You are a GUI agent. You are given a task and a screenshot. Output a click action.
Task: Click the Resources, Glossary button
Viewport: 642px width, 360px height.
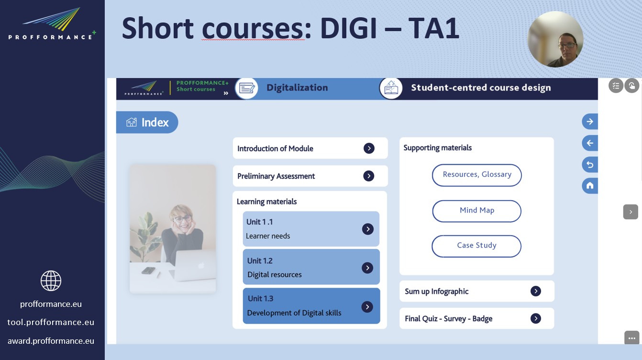476,175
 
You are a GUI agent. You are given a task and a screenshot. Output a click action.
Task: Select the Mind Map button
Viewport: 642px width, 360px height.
476,211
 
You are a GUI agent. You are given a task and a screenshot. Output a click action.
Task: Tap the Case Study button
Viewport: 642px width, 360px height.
476,246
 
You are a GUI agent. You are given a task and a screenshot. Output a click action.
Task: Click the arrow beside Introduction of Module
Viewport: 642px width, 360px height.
369,148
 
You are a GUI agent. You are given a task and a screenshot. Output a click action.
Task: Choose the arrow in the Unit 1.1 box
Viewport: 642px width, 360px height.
368,229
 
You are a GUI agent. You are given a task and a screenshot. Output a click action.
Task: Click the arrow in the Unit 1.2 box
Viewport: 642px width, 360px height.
367,268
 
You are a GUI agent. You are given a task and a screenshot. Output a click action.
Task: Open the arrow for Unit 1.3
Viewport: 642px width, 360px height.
367,307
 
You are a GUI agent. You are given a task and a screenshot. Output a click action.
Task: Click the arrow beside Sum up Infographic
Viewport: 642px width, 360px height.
536,291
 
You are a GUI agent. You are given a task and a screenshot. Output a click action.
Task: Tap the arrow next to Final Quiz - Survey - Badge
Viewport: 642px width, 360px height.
536,318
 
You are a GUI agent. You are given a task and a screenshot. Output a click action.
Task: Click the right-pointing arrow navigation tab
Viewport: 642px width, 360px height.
590,122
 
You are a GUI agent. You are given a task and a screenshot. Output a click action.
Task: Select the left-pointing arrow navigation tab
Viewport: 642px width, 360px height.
590,143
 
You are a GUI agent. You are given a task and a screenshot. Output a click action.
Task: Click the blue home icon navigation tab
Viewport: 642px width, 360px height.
590,186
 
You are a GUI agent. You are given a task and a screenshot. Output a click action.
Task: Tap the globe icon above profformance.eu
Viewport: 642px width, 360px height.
51,281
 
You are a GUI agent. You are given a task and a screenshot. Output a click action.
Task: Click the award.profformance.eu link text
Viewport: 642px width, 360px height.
51,341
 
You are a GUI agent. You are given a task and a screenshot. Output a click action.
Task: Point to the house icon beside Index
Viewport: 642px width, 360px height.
132,122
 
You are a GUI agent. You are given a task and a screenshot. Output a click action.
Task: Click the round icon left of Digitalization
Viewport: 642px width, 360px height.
246,88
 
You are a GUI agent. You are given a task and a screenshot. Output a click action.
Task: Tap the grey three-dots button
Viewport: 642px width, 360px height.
631,338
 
